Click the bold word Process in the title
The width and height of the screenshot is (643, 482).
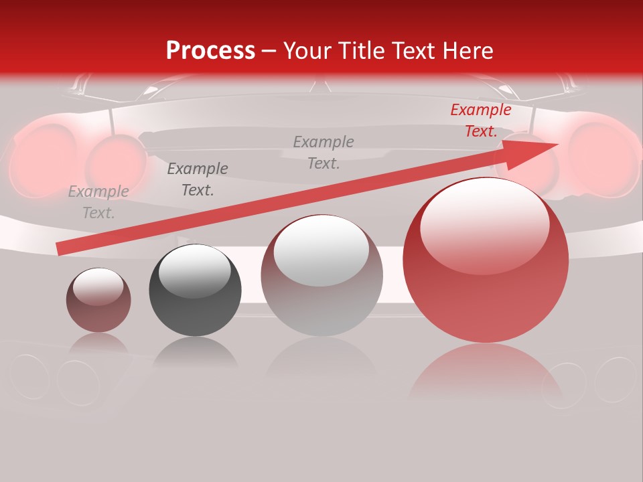[210, 51]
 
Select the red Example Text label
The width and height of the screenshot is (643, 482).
[480, 120]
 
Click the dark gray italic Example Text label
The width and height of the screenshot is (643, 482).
[198, 179]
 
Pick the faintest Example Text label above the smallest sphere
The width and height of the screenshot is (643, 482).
[98, 202]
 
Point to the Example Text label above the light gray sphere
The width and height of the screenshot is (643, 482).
[324, 152]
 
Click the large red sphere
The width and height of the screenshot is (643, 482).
[486, 295]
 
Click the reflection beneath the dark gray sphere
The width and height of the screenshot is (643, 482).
[195, 353]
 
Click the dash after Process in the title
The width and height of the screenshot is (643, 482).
[269, 51]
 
